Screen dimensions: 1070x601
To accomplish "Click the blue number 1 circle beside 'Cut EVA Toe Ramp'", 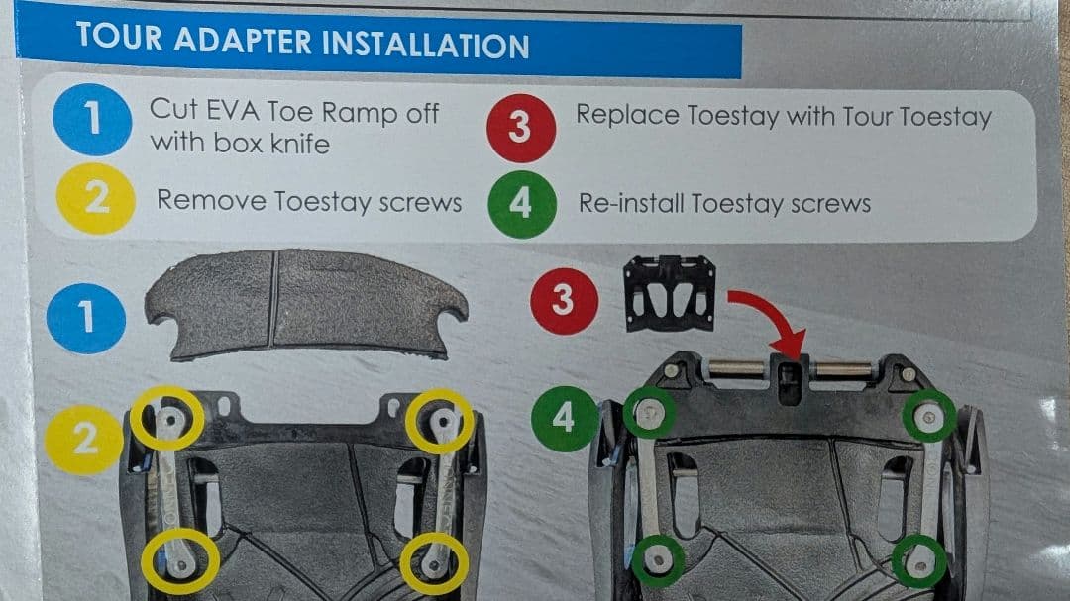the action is pos(92,120).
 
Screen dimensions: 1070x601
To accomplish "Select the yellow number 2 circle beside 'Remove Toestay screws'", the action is pos(95,198).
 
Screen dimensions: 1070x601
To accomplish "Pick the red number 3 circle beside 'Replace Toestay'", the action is pos(521,128).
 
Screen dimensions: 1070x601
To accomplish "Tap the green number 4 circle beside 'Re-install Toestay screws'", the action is pos(522,204).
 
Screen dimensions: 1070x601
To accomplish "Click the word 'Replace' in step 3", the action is pos(628,115).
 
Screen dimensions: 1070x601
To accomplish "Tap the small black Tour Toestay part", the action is pos(670,293).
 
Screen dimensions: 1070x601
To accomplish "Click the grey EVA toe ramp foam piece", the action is pos(306,304).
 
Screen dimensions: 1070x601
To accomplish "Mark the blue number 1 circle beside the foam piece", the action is pos(86,318).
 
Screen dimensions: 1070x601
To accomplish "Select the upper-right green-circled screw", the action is pos(928,416).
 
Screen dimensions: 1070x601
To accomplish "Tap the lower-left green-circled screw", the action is pos(658,560).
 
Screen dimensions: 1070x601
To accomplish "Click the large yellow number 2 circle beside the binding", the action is pos(84,440).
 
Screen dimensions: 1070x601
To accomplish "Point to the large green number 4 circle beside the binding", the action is pos(565,418).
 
